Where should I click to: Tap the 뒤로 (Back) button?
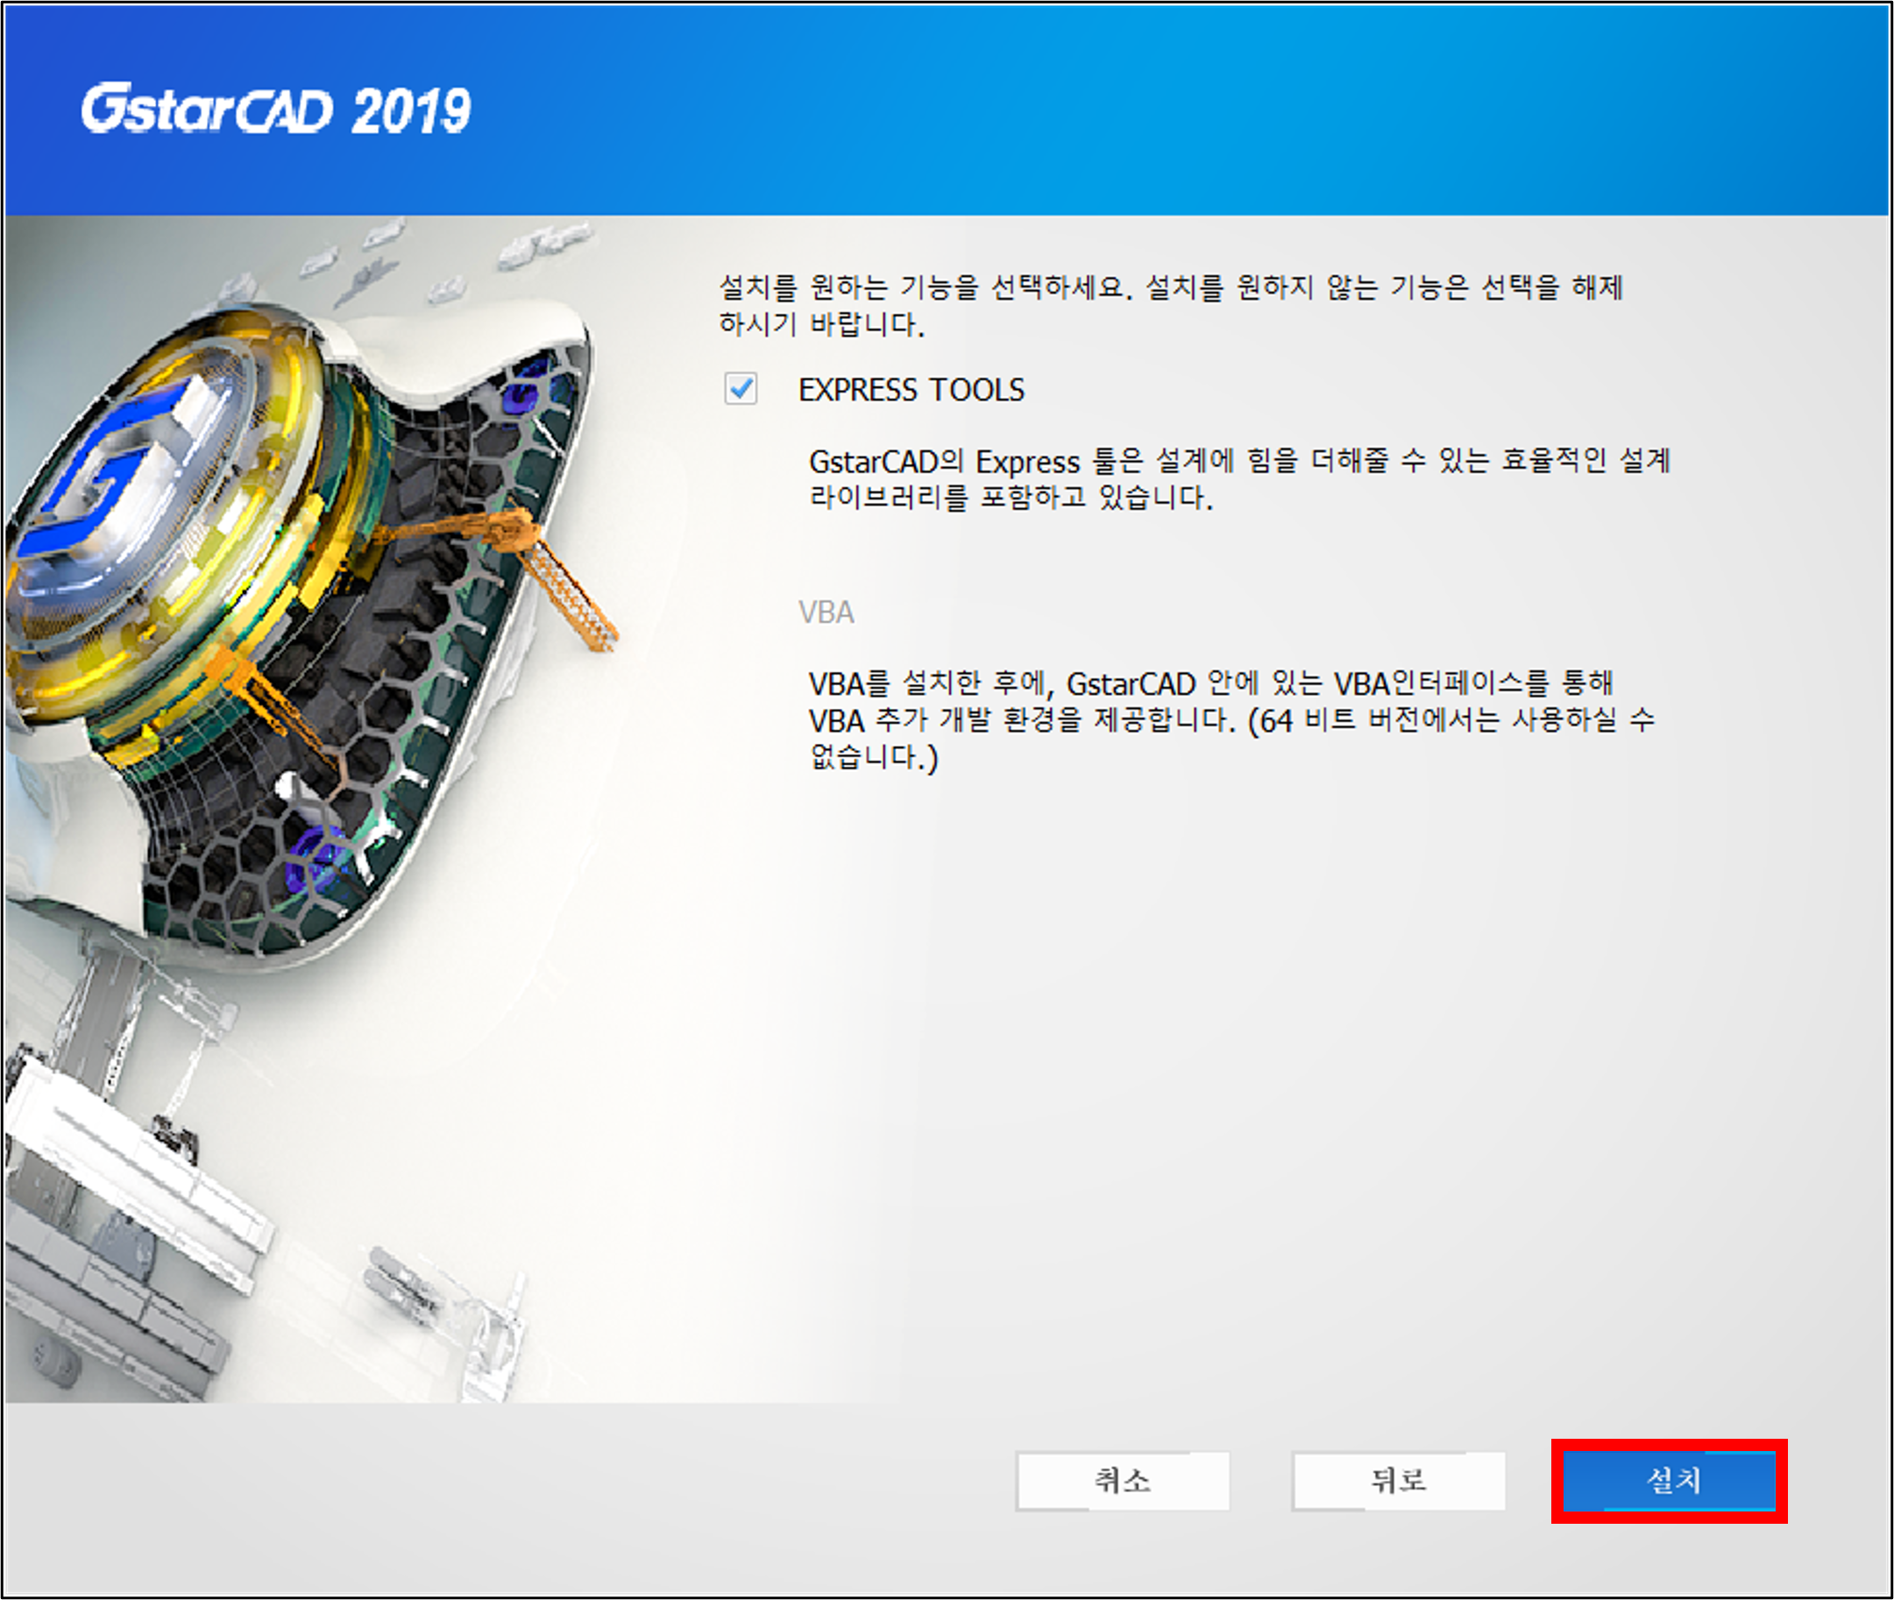[1398, 1480]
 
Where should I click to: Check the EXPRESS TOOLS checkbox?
[741, 389]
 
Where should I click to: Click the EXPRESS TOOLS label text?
[911, 390]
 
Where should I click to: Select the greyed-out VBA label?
[826, 612]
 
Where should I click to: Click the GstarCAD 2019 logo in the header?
[276, 110]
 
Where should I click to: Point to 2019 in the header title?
[411, 111]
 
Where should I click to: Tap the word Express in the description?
[1028, 463]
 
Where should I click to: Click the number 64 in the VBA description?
[1275, 722]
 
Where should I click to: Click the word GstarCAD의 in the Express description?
[886, 463]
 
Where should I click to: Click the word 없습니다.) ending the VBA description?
[874, 756]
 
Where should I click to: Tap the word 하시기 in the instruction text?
[757, 324]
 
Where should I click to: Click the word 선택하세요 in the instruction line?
[1057, 287]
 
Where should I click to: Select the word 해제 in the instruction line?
[1598, 287]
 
